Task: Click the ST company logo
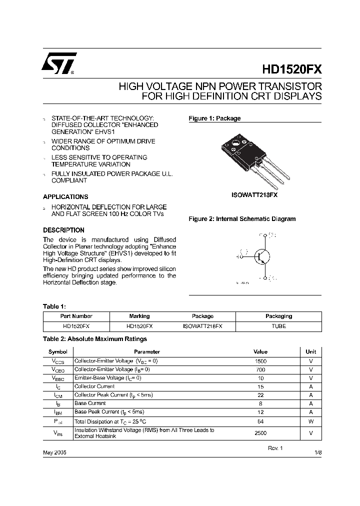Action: pyautogui.click(x=58, y=64)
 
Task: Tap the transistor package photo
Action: pyautogui.click(x=255, y=157)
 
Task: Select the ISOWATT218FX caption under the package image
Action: pyautogui.click(x=254, y=195)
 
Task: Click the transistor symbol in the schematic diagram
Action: pyautogui.click(x=260, y=256)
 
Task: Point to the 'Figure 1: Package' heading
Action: pyautogui.click(x=214, y=118)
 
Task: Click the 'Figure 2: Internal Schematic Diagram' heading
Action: pyautogui.click(x=241, y=219)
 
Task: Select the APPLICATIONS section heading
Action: pyautogui.click(x=65, y=197)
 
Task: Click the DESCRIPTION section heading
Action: pyautogui.click(x=63, y=230)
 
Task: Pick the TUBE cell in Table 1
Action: pyautogui.click(x=278, y=325)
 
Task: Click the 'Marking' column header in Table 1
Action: pyautogui.click(x=139, y=316)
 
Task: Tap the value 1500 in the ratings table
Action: pyautogui.click(x=260, y=361)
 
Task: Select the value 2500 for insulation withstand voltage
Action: pyautogui.click(x=260, y=433)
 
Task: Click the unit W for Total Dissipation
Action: pyautogui.click(x=310, y=421)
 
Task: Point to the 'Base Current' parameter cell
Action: pyautogui.click(x=90, y=403)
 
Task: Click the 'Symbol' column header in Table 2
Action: pyautogui.click(x=57, y=352)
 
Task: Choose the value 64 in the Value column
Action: pyautogui.click(x=260, y=421)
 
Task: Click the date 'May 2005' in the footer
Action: pyautogui.click(x=54, y=452)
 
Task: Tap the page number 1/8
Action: pyautogui.click(x=318, y=452)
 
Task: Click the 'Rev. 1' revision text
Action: pyautogui.click(x=275, y=448)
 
